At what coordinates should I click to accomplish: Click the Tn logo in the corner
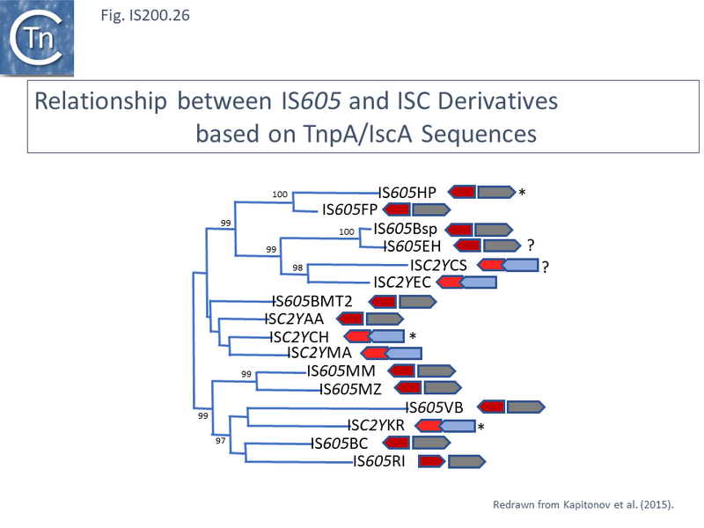click(x=37, y=37)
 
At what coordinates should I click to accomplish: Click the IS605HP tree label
click(x=407, y=193)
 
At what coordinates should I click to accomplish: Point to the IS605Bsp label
click(x=407, y=230)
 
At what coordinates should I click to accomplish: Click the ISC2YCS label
click(x=440, y=265)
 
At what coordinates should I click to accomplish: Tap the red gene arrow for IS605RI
click(x=430, y=460)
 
